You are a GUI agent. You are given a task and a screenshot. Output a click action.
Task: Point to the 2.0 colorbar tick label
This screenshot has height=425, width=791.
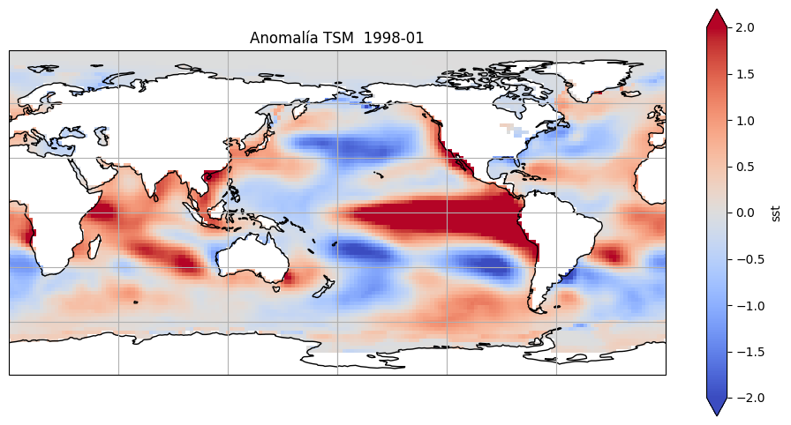tap(745, 27)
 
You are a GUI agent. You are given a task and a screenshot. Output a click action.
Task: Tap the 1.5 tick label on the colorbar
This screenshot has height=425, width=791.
tap(745, 74)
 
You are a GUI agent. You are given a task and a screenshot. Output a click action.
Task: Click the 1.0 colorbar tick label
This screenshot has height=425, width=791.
tap(745, 120)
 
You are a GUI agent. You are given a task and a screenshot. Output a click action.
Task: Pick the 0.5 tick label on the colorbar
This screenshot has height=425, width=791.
tap(745, 167)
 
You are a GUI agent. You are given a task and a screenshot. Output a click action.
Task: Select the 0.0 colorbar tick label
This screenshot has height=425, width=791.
tap(745, 212)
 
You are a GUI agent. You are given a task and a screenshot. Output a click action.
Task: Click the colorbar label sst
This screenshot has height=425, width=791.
tap(775, 212)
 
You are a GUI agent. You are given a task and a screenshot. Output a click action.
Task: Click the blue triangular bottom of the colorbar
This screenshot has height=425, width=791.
tap(717, 406)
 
